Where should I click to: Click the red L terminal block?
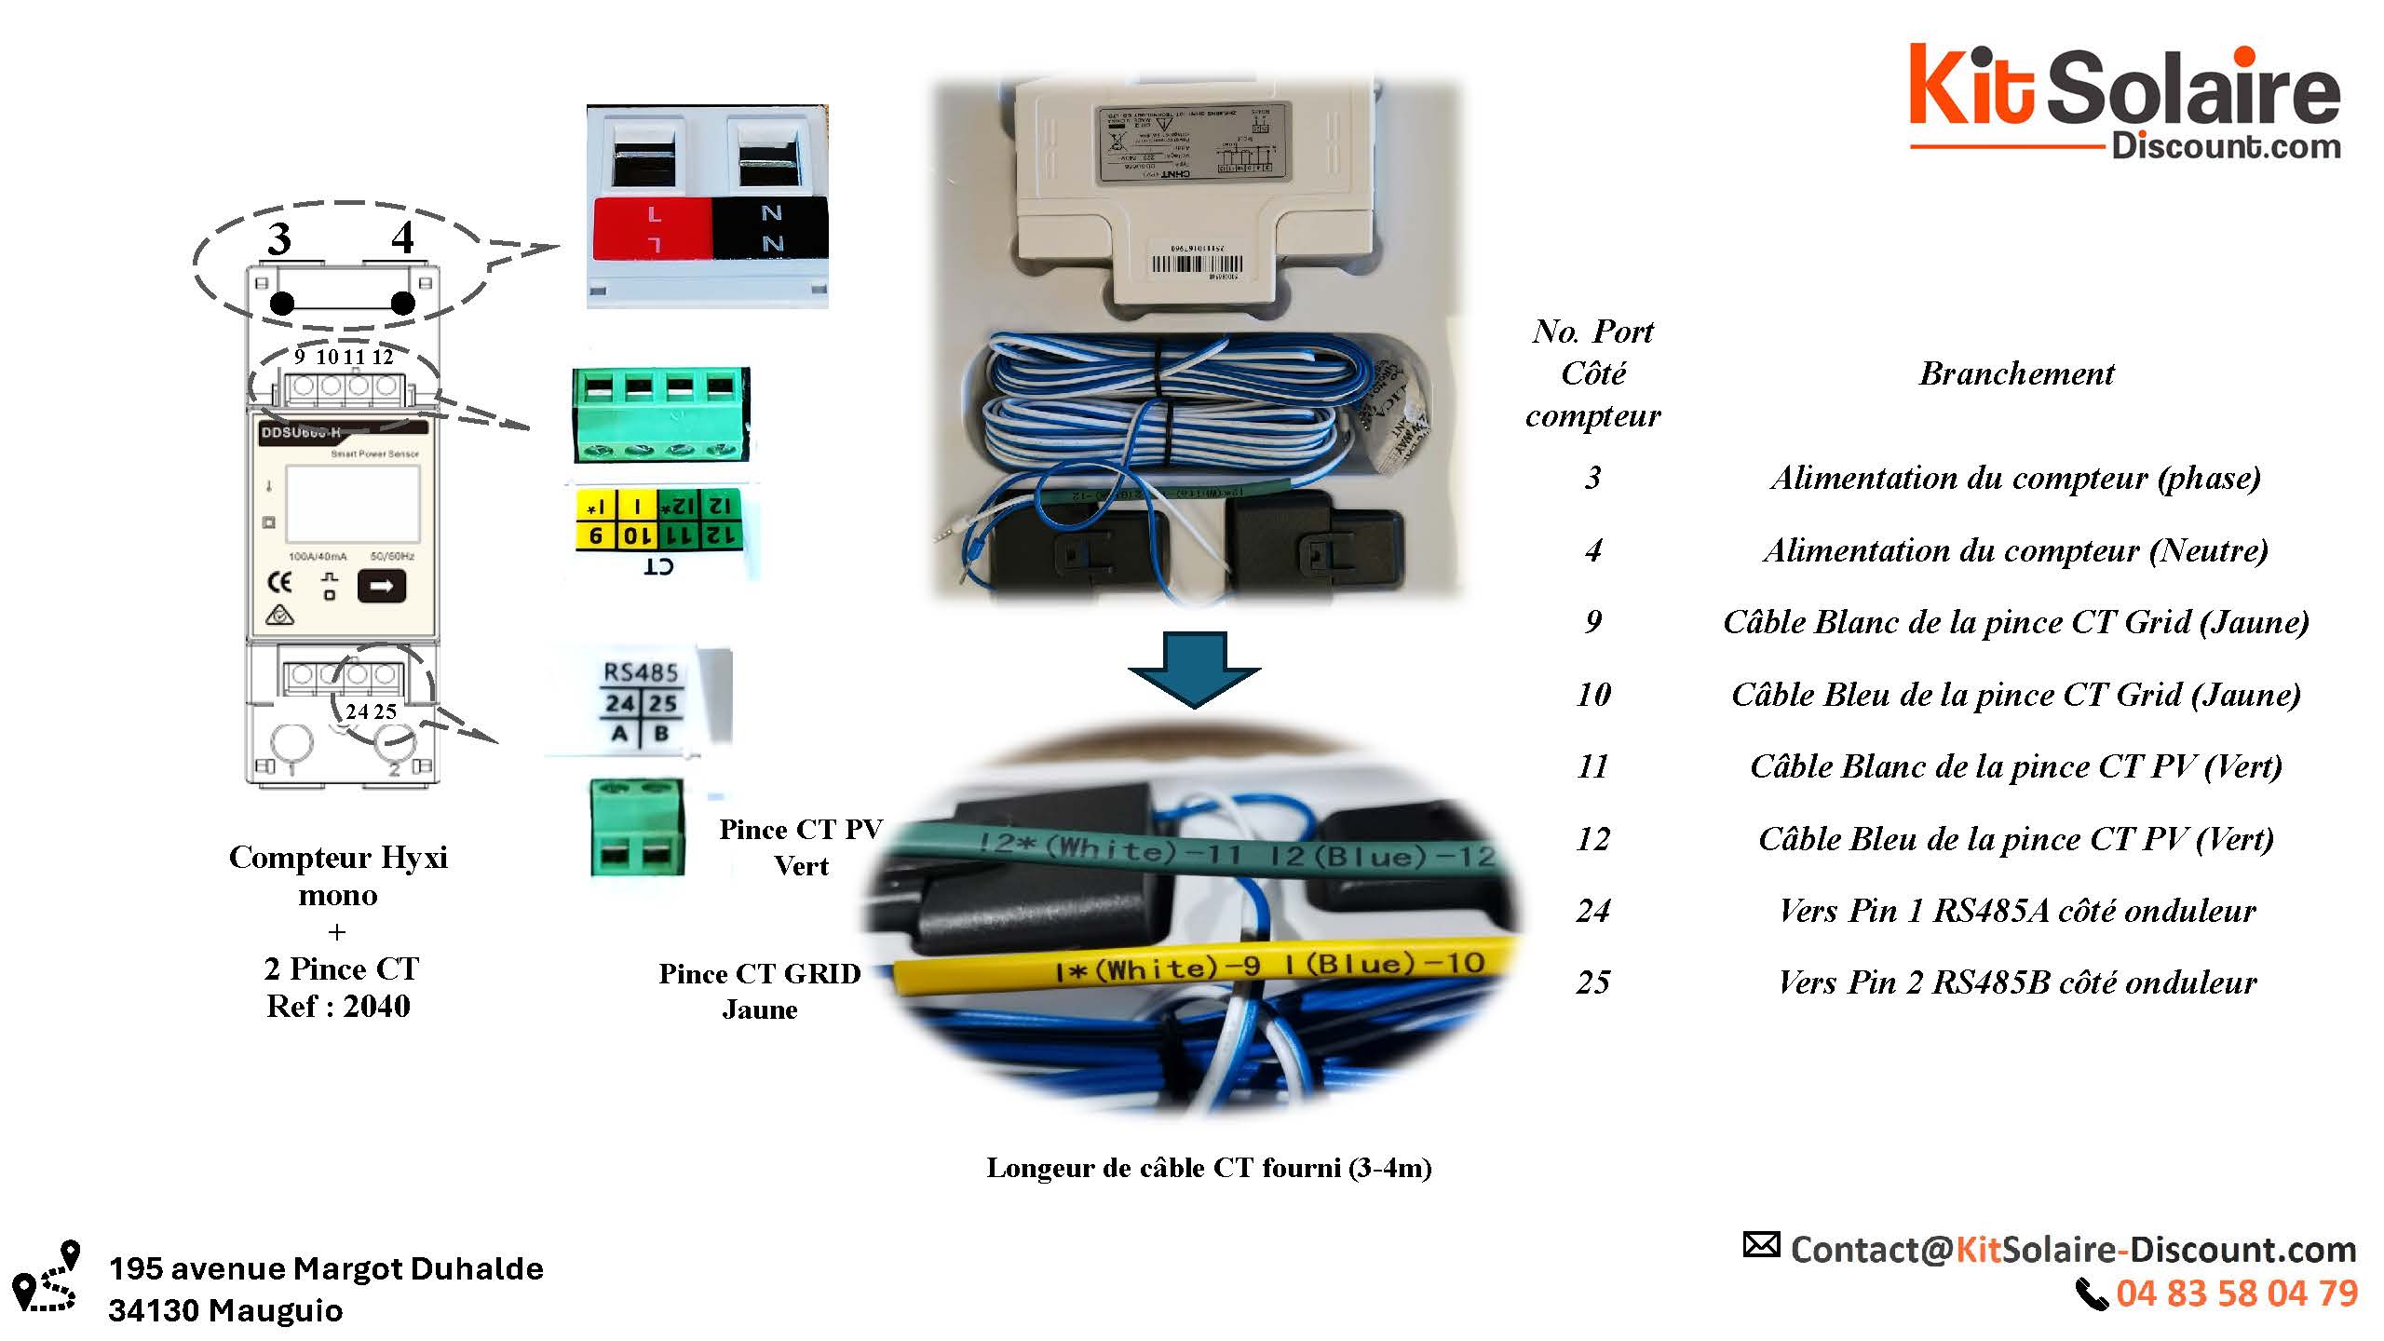tap(653, 228)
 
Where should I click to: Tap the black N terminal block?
tap(770, 228)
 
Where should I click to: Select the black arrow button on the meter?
tap(382, 587)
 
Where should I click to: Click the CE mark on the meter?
tap(279, 583)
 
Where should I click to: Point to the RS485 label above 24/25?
tap(641, 672)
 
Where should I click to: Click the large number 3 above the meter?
tap(279, 239)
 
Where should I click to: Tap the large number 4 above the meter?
tap(402, 237)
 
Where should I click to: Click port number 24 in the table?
tap(1593, 910)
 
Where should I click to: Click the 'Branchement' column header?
tap(2016, 373)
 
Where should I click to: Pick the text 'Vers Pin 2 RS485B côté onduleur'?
tap(2017, 982)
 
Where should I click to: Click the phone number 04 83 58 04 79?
tap(2237, 1294)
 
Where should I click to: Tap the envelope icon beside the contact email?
tap(1761, 1245)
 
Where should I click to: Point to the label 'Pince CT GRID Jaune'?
tap(760, 991)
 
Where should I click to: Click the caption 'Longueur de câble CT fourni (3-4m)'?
tap(1209, 1168)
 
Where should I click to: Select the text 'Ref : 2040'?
tap(338, 1006)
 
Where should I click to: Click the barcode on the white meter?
tap(1197, 264)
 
